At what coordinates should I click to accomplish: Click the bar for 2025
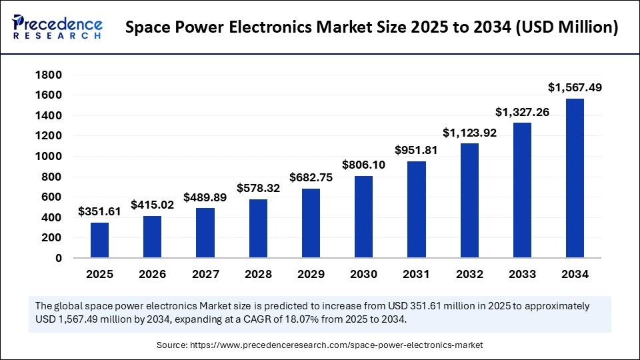(99, 240)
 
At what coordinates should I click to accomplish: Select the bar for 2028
(258, 229)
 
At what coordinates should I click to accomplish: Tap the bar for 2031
(417, 209)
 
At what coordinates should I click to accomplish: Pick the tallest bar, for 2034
(575, 178)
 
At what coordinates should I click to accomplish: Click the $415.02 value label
(153, 205)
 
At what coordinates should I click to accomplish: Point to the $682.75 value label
(311, 178)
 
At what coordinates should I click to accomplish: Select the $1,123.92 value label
(469, 133)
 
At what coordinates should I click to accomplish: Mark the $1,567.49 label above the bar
(575, 87)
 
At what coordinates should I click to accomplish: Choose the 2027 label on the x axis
(205, 274)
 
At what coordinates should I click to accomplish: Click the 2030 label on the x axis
(364, 274)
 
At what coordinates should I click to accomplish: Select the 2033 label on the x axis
(522, 274)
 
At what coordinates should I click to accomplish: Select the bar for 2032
(469, 201)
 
